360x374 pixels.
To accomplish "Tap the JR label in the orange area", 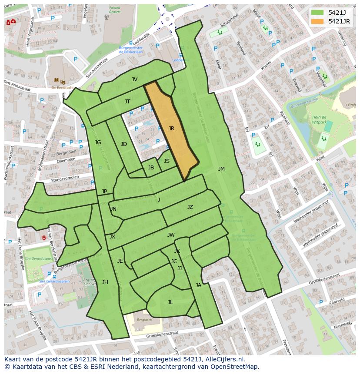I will (171, 129).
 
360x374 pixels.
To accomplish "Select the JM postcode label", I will (221, 169).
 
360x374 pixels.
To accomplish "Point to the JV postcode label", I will (134, 79).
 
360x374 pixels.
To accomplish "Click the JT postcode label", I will (127, 102).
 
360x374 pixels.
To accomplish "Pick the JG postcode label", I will (98, 142).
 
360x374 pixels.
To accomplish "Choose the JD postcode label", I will (124, 144).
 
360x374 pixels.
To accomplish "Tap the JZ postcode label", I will (190, 207).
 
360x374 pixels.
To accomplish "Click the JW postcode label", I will (171, 235).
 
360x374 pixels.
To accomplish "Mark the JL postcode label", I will (170, 302).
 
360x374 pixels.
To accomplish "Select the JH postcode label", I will (105, 282).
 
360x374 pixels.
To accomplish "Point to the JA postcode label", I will (198, 285).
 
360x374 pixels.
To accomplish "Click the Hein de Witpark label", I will (319, 120).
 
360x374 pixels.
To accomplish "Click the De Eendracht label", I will (60, 87).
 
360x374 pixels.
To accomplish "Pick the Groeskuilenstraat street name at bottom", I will (162, 334).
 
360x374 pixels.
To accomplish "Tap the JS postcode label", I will (167, 161).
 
